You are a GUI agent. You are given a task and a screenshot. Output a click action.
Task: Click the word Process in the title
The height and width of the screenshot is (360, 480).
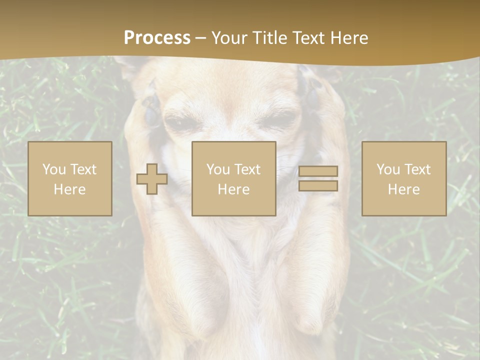pyautogui.click(x=157, y=38)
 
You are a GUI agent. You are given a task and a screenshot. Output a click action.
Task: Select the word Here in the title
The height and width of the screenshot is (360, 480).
pyautogui.click(x=346, y=38)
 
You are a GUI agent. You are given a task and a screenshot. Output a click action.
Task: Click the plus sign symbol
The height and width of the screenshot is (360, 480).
pyautogui.click(x=152, y=178)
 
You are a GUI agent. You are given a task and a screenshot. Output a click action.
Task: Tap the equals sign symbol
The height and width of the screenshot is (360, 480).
pyautogui.click(x=318, y=178)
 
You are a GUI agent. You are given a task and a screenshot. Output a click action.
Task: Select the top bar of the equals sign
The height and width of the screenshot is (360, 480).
pyautogui.click(x=318, y=171)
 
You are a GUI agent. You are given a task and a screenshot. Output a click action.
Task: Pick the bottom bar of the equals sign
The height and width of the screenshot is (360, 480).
pyautogui.click(x=318, y=185)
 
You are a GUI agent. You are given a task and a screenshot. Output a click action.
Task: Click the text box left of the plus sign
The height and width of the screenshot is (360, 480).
pyautogui.click(x=70, y=178)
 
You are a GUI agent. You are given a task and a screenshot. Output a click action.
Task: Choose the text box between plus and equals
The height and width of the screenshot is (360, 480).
pyautogui.click(x=233, y=178)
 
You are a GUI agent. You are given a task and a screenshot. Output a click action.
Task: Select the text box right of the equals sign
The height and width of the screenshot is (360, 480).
pyautogui.click(x=404, y=178)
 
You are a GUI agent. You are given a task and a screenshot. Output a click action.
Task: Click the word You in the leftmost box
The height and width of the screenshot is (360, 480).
pyautogui.click(x=53, y=169)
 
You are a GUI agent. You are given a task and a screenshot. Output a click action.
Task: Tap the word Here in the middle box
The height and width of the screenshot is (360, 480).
pyautogui.click(x=233, y=189)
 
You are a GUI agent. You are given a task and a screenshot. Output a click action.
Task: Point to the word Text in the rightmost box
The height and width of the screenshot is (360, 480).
pyautogui.click(x=417, y=169)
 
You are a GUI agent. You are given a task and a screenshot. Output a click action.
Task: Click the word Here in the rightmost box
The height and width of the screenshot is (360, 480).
pyautogui.click(x=404, y=189)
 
